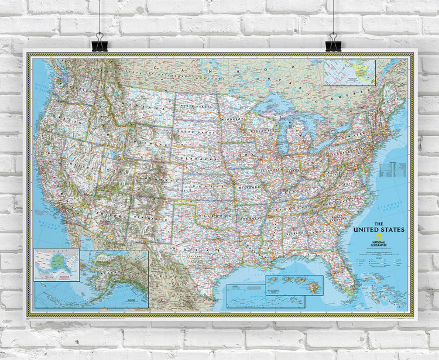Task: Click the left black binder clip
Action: point(100,43)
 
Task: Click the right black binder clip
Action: point(333,42)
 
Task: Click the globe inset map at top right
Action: point(350,73)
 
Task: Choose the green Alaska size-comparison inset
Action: point(56,261)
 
